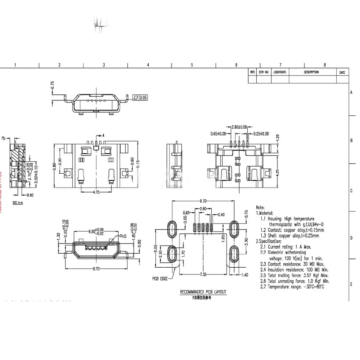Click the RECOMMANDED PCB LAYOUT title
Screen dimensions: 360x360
(x=203, y=292)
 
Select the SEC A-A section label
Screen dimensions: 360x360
(x=18, y=203)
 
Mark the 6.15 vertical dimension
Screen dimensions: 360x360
(x=138, y=166)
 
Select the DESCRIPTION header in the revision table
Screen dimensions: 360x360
(x=311, y=72)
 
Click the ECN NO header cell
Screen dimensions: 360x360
(x=264, y=72)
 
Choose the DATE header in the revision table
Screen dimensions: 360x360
(x=342, y=72)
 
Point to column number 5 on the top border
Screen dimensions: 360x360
(x=192, y=65)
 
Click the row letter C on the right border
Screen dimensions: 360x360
(x=352, y=190)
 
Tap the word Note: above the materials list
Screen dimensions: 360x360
(x=261, y=208)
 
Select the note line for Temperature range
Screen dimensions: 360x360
(x=292, y=287)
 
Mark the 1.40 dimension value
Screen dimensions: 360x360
(x=245, y=275)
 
